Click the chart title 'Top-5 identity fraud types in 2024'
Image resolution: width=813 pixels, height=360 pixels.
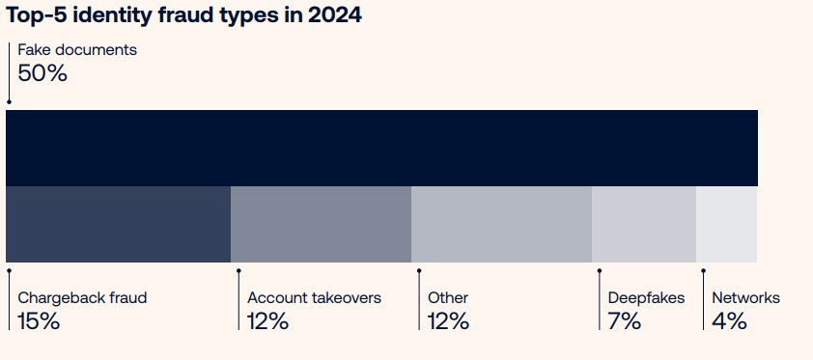coord(184,16)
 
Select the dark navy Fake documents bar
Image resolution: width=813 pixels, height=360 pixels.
coord(381,148)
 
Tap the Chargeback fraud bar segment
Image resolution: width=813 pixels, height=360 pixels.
coord(118,224)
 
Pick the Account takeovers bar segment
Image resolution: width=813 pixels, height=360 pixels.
coord(321,224)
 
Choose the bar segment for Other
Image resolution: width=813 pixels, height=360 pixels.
coord(501,224)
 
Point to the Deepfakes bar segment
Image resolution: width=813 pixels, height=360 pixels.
coord(643,224)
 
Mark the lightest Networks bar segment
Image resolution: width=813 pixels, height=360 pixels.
coord(726,224)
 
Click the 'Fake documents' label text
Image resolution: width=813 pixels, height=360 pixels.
coord(77,50)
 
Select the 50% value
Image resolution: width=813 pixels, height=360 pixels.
coord(42,73)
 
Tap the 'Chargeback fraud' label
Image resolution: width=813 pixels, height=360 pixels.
coord(82,298)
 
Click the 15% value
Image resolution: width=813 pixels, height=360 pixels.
coord(39,321)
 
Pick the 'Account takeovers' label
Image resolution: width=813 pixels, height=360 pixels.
coord(314,298)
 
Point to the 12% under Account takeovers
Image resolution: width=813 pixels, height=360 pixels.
coord(268,321)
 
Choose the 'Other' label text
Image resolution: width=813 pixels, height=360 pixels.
coord(448,298)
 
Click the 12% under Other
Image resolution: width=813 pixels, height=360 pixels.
coord(449,321)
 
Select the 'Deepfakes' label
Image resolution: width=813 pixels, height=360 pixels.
coord(646,298)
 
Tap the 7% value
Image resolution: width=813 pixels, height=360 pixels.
coord(625,321)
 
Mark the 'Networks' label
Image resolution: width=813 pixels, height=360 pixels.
coord(745,298)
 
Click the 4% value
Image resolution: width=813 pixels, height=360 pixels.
coord(729,321)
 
